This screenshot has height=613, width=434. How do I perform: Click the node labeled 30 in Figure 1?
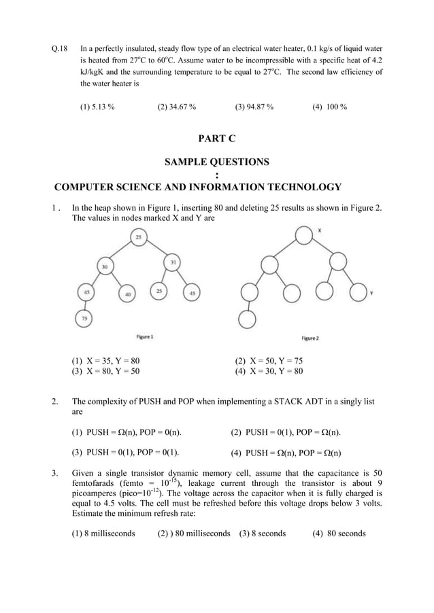pos(105,266)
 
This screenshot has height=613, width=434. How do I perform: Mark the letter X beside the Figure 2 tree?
pos(320,230)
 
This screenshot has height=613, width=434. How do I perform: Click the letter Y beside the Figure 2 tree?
pos(371,293)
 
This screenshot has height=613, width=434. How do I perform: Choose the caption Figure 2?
pos(310,338)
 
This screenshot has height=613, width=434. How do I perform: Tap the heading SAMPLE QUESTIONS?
pos(216,162)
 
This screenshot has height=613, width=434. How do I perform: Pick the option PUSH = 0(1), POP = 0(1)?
pos(129,452)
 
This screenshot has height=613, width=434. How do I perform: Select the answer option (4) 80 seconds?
pos(339,533)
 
